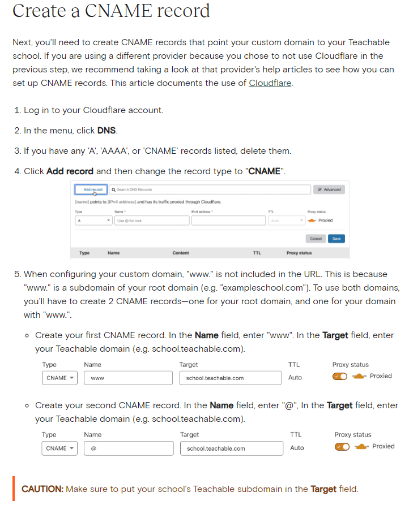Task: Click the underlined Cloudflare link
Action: point(270,83)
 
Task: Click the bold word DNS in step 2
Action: point(106,130)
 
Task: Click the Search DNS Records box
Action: point(210,189)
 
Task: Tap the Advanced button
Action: point(329,189)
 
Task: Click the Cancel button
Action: point(316,239)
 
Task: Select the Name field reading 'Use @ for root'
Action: point(152,221)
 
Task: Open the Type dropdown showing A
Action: point(93,221)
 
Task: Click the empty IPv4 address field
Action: point(227,221)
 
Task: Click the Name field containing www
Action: point(128,378)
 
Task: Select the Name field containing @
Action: point(129,448)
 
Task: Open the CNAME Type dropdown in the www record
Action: point(59,378)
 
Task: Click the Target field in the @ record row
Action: point(231,448)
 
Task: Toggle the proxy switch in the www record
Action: point(340,377)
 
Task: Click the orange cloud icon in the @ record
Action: point(361,447)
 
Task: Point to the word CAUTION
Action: point(42,489)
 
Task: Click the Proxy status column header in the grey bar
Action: point(299,253)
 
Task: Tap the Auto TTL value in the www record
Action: point(295,377)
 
